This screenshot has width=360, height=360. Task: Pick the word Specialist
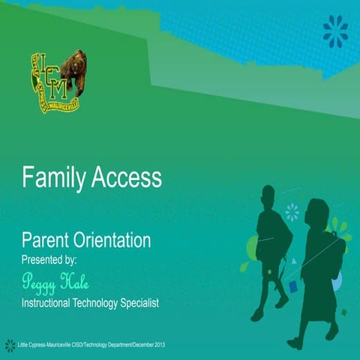pyautogui.click(x=136, y=303)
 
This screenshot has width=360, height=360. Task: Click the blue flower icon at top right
pyautogui.click(x=335, y=31)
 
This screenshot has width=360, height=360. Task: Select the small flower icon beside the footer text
pyautogui.click(x=10, y=345)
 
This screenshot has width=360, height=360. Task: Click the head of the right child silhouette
pyautogui.click(x=319, y=214)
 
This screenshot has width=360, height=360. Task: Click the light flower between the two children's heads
pyautogui.click(x=292, y=212)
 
